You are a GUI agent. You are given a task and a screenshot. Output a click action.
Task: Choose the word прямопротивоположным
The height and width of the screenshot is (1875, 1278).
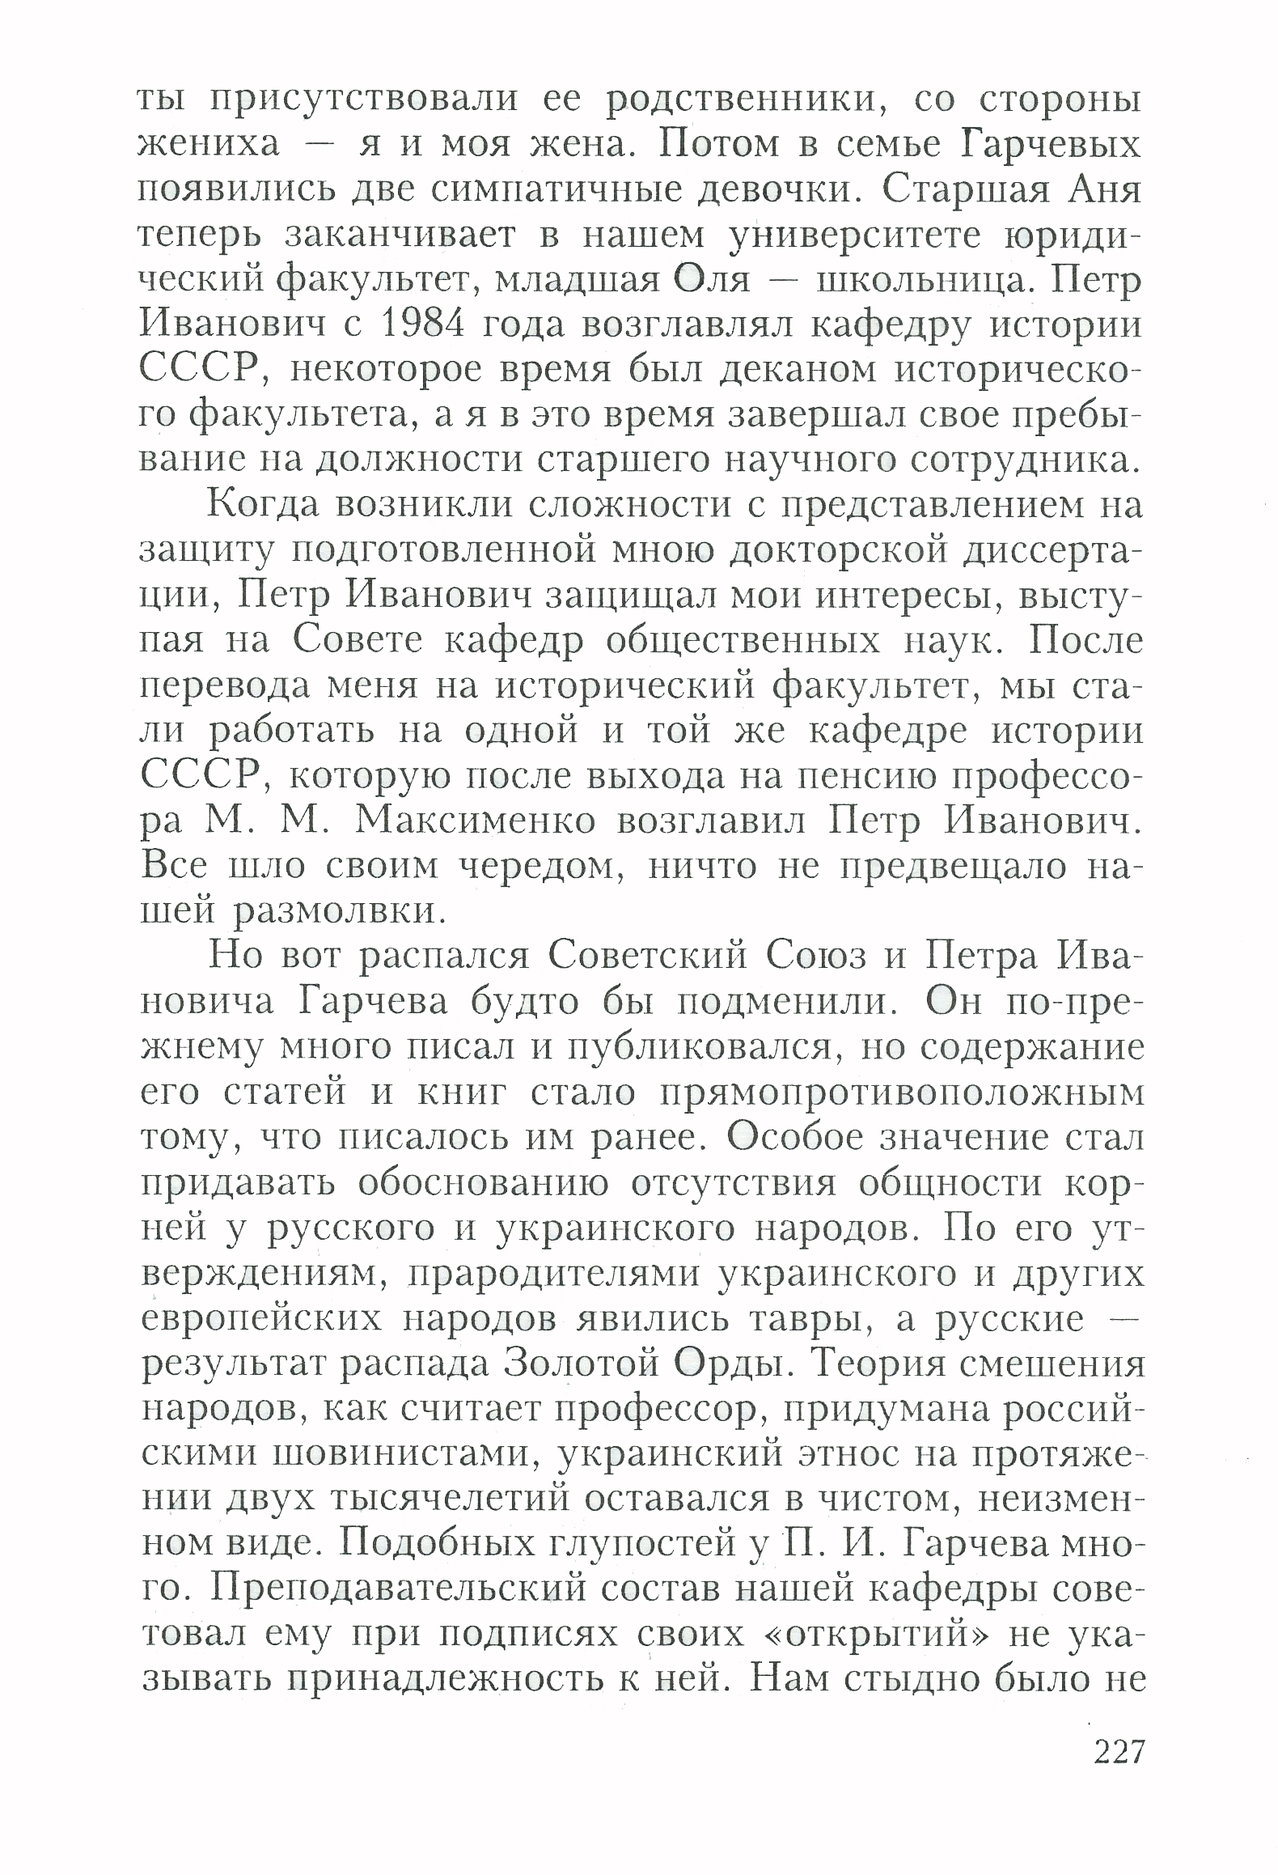[x=902, y=1092]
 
